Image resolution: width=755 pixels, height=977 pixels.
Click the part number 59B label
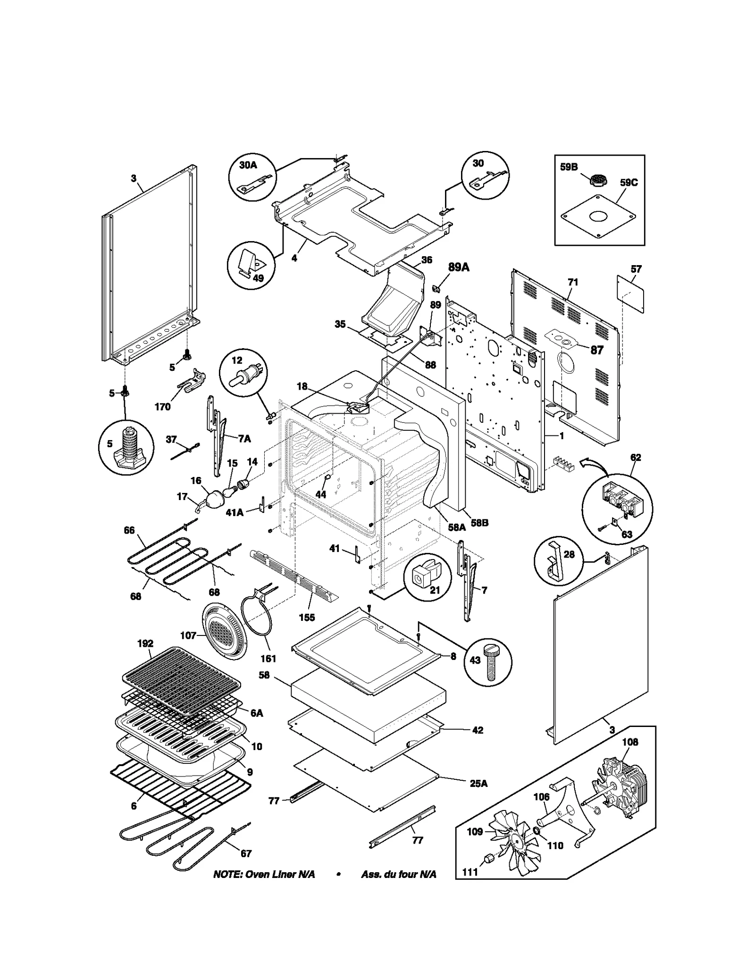[x=569, y=167]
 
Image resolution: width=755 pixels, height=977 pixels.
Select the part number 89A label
[x=458, y=267]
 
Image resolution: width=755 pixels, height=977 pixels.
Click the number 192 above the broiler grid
[x=145, y=643]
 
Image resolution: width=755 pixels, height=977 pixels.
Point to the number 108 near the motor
[x=629, y=742]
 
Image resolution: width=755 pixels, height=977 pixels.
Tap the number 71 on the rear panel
[x=572, y=282]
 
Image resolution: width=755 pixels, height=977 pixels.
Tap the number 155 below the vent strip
[x=307, y=617]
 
